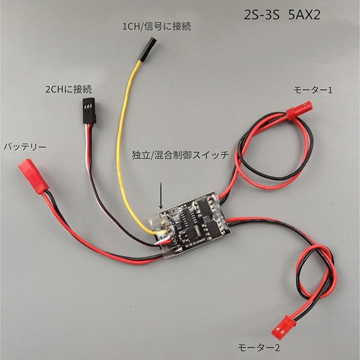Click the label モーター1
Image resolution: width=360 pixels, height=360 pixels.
pyautogui.click(x=313, y=90)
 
